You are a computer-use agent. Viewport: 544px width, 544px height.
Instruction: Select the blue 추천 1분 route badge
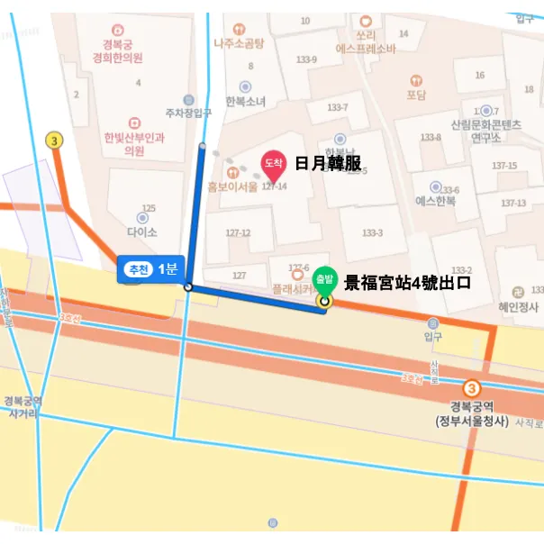150,268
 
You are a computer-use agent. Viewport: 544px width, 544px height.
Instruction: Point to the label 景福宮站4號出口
408,282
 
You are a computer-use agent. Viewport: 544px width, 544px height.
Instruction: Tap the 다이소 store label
142,231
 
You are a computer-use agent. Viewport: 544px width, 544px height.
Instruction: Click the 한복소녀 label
246,102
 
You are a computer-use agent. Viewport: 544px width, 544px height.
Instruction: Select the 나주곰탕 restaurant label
239,42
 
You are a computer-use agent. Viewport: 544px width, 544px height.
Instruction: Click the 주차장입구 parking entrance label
188,113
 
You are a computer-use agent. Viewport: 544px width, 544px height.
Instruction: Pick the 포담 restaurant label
415,95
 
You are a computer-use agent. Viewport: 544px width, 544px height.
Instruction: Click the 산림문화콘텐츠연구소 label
486,131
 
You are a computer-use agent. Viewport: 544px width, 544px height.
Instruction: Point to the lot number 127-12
238,232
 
